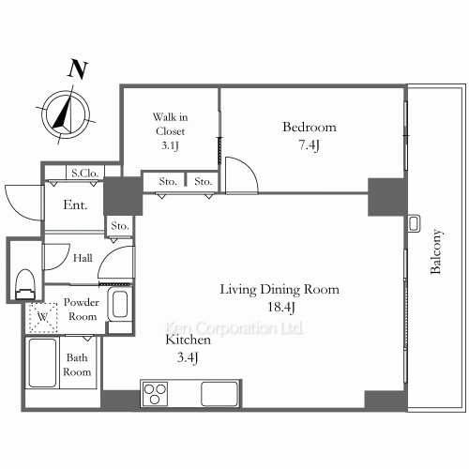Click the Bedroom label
click(310, 127)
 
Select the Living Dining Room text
click(280, 289)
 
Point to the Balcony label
click(435, 251)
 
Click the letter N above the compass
click(78, 68)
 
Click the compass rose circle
click(66, 114)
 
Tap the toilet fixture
click(25, 284)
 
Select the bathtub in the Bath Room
click(42, 363)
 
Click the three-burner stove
click(155, 394)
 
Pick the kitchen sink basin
click(219, 394)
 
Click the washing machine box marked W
click(43, 317)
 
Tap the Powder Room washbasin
click(119, 304)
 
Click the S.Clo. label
click(85, 173)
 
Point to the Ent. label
click(75, 204)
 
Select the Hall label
click(83, 258)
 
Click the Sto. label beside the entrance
click(120, 225)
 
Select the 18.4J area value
click(281, 308)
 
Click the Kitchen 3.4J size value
click(188, 357)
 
